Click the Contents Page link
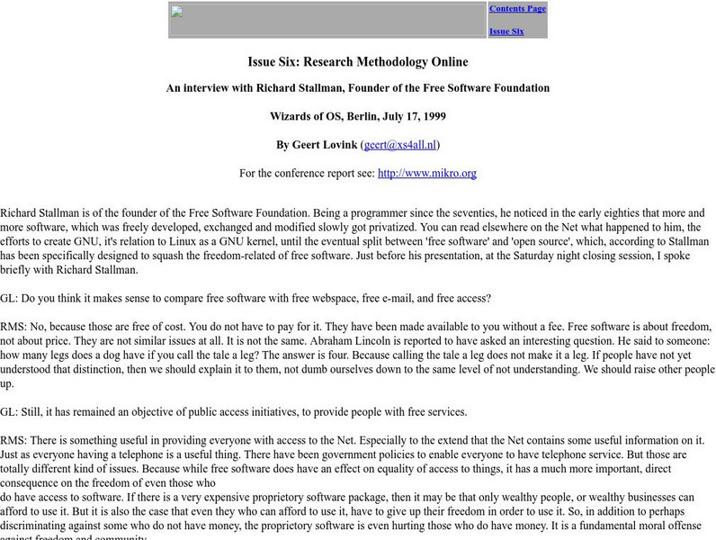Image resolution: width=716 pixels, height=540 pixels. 517,9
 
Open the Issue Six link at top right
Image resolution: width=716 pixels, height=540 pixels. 506,31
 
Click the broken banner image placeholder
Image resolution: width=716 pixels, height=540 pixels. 327,20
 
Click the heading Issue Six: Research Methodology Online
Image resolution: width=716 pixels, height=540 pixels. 358,62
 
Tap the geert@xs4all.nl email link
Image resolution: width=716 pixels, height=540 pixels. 399,144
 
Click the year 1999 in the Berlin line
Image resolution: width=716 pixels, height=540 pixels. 431,116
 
